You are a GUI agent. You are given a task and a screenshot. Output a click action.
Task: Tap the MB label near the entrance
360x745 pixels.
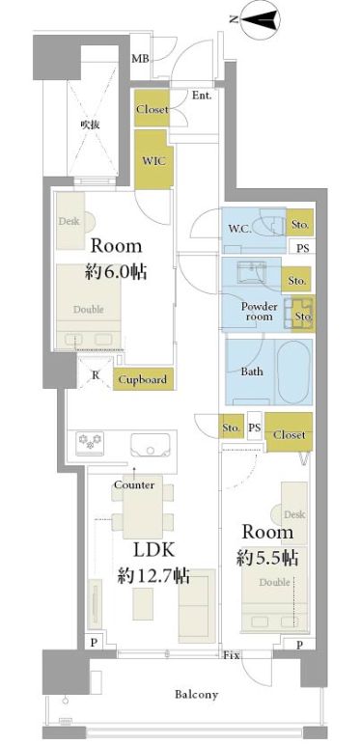click(140, 59)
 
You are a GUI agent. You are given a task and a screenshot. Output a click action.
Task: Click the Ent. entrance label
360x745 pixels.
click(202, 96)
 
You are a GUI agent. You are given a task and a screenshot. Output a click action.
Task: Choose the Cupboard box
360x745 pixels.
click(142, 379)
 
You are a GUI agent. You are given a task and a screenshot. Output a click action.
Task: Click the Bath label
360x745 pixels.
click(252, 372)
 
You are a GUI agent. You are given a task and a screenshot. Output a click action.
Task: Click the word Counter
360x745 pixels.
click(134, 484)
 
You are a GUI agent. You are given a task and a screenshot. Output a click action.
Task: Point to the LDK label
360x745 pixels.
click(152, 552)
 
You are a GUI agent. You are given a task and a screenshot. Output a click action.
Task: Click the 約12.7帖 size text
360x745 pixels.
click(152, 577)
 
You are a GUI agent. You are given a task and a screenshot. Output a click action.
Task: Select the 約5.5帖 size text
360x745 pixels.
click(267, 557)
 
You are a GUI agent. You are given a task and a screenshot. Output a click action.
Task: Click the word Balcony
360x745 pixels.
click(196, 694)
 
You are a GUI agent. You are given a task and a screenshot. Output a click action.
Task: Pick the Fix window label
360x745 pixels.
click(231, 656)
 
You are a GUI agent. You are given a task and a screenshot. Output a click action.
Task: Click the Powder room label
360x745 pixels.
click(259, 312)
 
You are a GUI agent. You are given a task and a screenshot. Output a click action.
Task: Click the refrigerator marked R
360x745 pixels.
click(95, 375)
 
